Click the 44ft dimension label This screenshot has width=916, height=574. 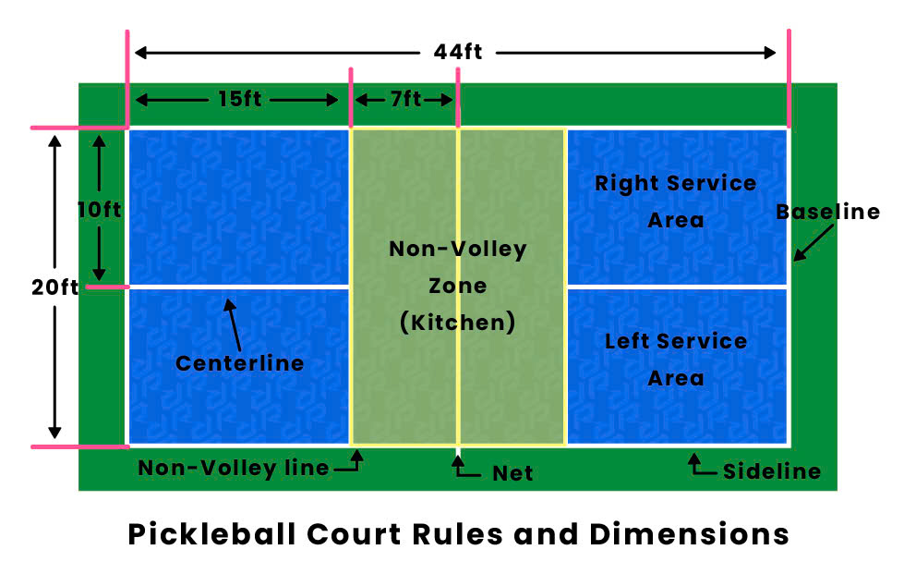[458, 52]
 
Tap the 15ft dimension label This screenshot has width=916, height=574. [239, 99]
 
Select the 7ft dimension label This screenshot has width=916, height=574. [404, 99]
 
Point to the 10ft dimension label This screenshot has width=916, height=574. [99, 210]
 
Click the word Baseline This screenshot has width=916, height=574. [827, 212]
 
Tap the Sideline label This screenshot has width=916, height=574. [772, 471]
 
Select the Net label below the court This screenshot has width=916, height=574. [512, 473]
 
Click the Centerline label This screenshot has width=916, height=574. [240, 363]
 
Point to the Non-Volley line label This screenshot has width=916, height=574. [234, 469]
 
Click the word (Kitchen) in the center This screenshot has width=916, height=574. [457, 323]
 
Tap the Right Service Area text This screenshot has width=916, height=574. [675, 202]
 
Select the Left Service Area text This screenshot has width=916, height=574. [675, 360]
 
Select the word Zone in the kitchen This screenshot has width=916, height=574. [457, 286]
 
